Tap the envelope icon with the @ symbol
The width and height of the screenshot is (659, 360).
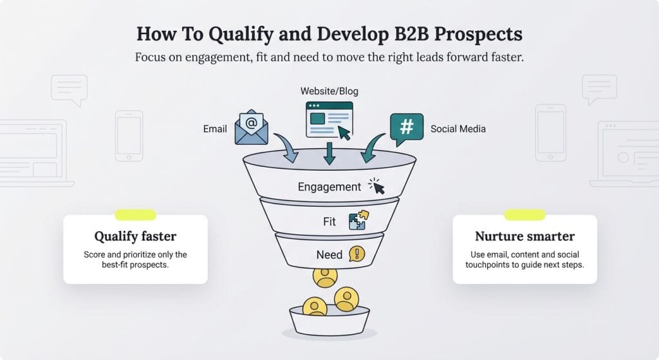pyautogui.click(x=251, y=127)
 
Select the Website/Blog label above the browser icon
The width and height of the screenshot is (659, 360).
pyautogui.click(x=329, y=91)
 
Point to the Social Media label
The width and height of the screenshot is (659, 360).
pyautogui.click(x=458, y=129)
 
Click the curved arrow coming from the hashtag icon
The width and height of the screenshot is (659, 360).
pyautogui.click(x=371, y=149)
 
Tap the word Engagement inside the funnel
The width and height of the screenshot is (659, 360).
pyautogui.click(x=329, y=187)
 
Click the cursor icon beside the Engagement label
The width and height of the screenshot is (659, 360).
pyautogui.click(x=376, y=186)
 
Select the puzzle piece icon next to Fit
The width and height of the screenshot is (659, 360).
pyautogui.click(x=357, y=221)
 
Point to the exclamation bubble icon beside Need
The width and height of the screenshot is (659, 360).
pyautogui.click(x=357, y=254)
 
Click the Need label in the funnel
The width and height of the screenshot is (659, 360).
pyautogui.click(x=329, y=254)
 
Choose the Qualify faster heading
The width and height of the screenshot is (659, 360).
pyautogui.click(x=135, y=236)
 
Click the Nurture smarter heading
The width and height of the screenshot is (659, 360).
pyautogui.click(x=524, y=236)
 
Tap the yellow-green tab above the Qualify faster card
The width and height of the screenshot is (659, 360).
pyautogui.click(x=135, y=215)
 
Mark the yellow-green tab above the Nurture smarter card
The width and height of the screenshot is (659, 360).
pyautogui.click(x=524, y=215)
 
